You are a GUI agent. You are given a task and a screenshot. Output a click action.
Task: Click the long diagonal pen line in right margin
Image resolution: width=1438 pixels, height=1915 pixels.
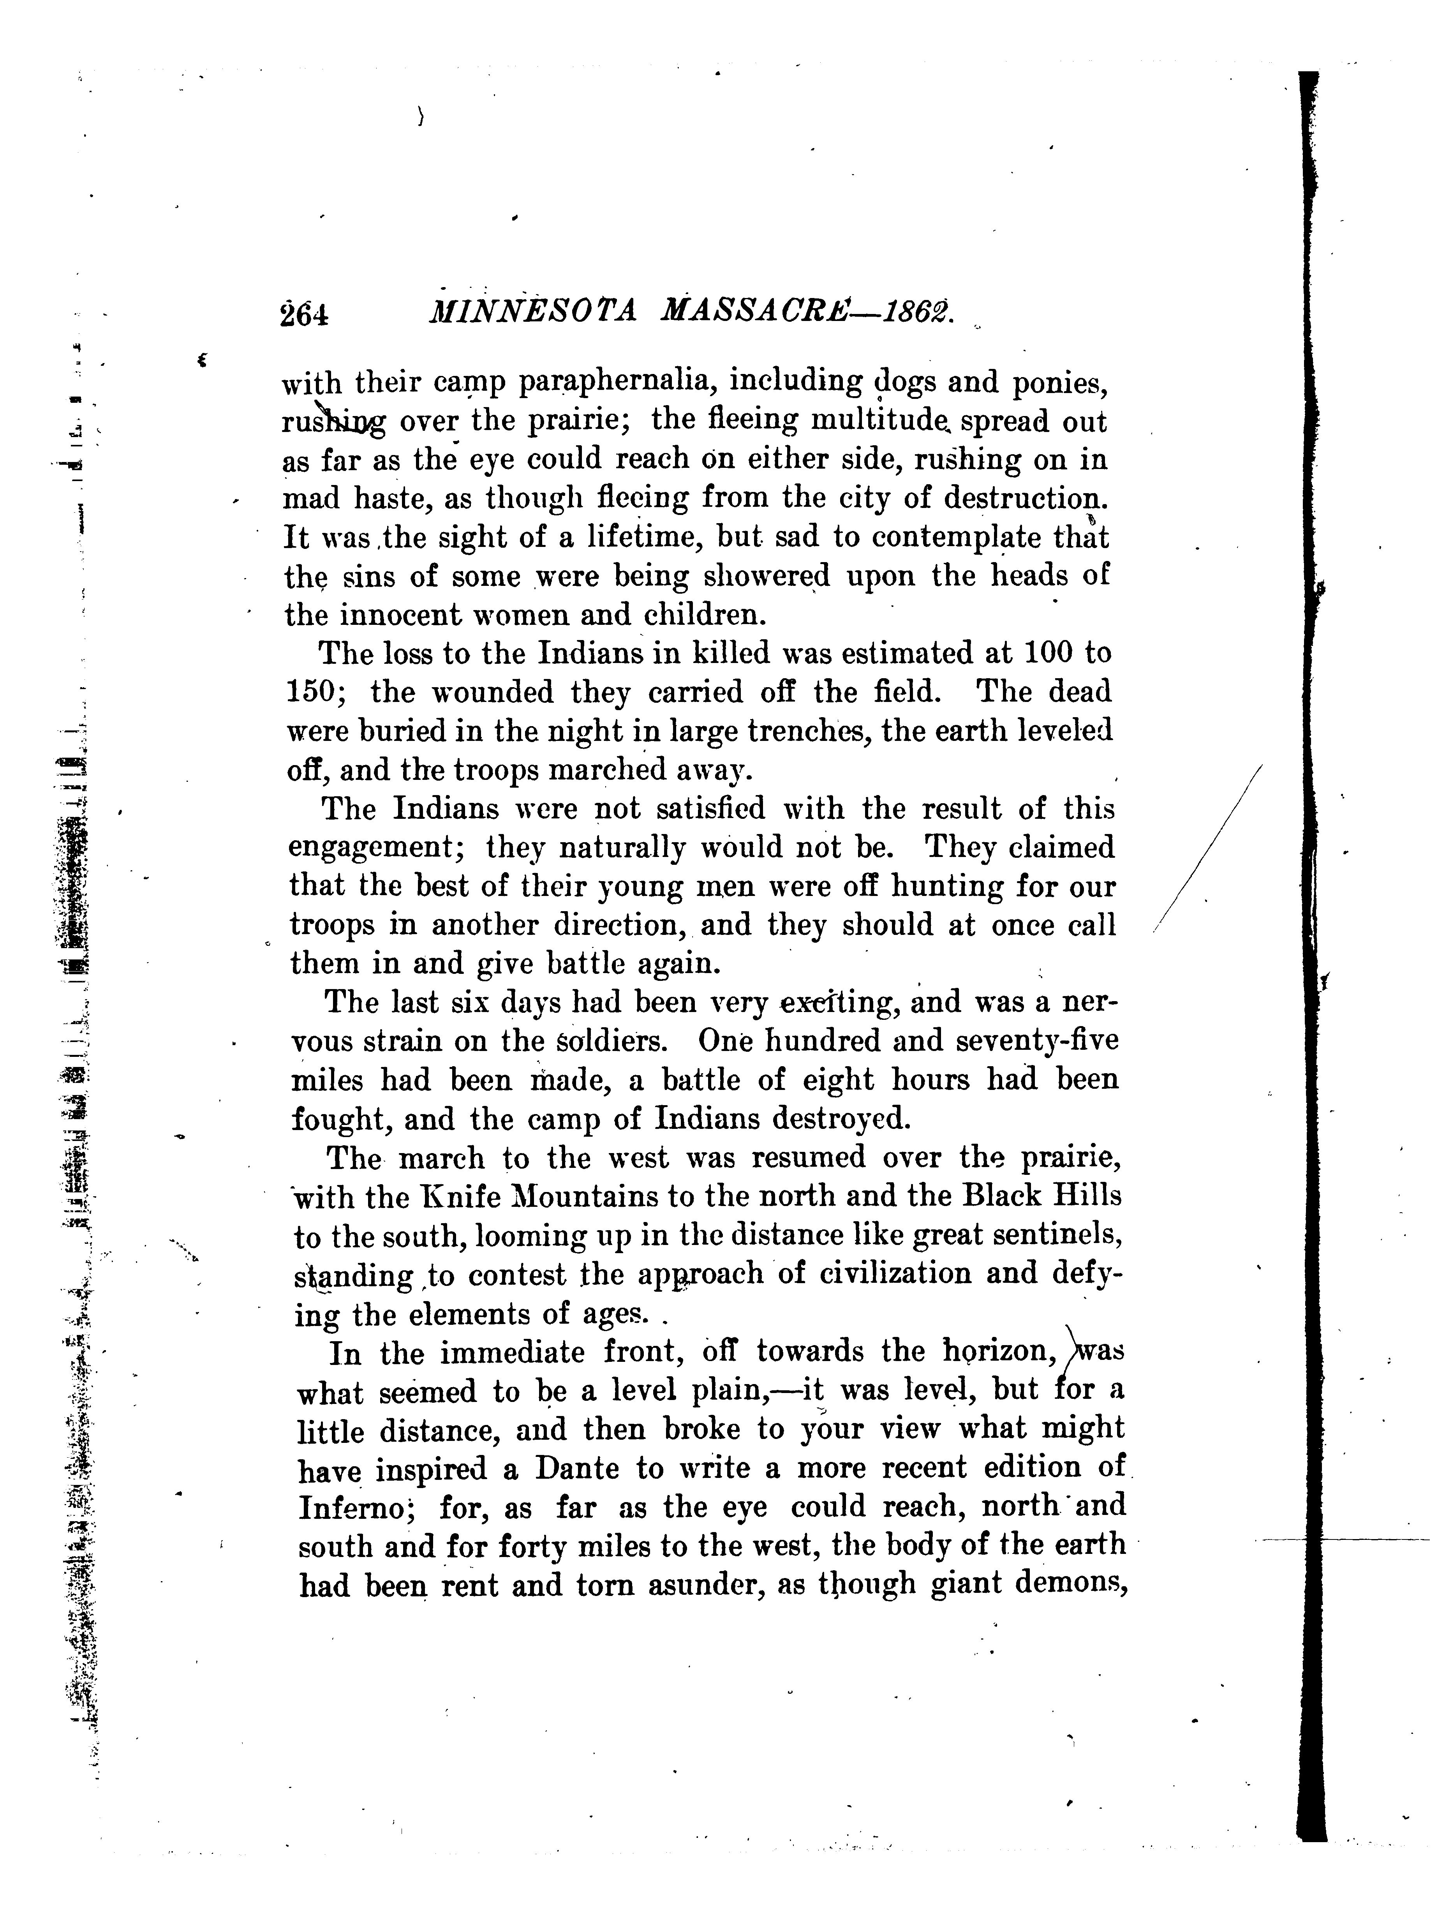pos(1208,848)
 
